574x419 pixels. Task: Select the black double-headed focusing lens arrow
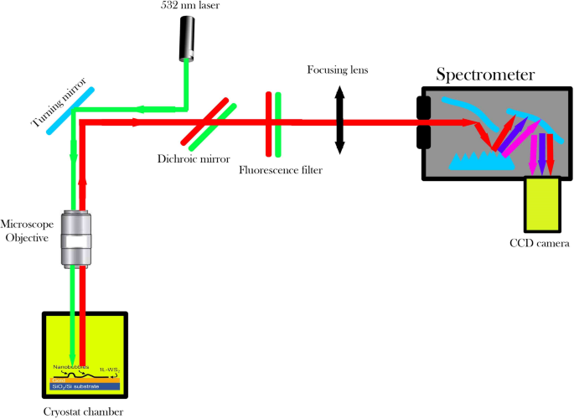pos(339,122)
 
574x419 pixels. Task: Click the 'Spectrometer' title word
pos(484,75)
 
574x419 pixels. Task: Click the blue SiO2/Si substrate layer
pos(85,385)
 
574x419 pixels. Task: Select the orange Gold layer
pos(85,379)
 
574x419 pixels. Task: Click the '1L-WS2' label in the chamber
pos(110,367)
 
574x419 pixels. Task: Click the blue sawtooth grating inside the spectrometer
pos(481,160)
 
